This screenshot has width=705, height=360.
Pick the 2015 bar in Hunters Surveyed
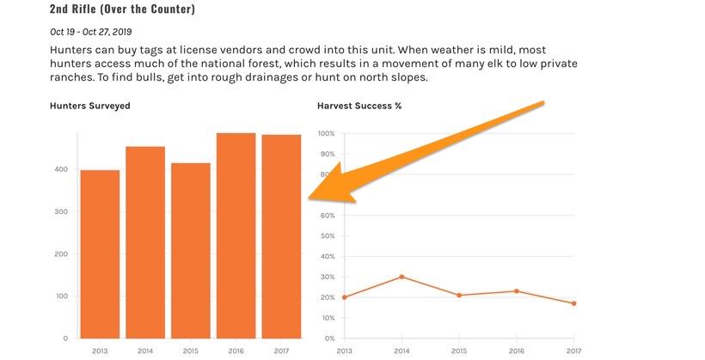190,250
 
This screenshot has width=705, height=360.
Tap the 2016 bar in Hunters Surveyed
236,235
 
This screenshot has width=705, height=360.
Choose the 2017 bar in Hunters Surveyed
281,236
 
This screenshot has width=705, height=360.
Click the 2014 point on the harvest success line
402,277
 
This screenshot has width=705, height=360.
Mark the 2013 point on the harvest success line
345,297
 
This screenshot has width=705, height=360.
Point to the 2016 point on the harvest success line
516,291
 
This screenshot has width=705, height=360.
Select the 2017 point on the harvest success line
573,303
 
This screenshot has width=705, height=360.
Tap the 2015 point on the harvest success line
459,296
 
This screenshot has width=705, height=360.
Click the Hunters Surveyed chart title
90,106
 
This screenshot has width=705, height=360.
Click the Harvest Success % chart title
359,106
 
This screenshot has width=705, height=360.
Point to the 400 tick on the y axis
61,169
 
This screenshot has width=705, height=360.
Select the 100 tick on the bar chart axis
61,296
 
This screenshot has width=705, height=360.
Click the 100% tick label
325,134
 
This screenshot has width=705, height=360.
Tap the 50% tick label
327,236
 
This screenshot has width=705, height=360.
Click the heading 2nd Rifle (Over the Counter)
122,9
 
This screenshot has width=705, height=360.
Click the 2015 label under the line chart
459,351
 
